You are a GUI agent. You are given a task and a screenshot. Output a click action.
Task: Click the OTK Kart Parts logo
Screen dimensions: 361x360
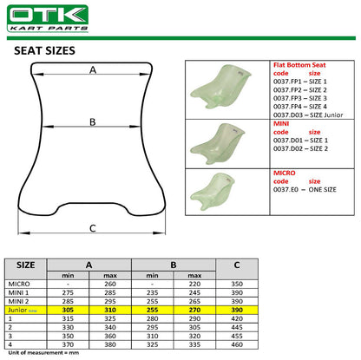coord(48,18)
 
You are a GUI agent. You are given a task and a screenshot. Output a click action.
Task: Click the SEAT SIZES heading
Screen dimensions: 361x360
coord(44,51)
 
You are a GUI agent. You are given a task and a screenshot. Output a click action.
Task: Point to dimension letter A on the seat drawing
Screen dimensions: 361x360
coord(93,70)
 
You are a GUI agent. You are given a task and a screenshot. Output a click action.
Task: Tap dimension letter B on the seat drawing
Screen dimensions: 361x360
coord(93,122)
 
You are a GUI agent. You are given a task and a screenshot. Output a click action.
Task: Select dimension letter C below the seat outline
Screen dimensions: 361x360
coord(93,228)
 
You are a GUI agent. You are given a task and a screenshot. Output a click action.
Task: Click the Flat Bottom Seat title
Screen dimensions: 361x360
coord(299,65)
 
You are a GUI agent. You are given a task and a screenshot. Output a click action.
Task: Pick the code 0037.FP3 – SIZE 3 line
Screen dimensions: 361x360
coord(300,98)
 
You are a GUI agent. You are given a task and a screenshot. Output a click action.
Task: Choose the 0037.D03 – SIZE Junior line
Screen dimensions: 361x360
coord(308,115)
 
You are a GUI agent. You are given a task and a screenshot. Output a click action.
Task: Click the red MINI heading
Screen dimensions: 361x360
coord(281,124)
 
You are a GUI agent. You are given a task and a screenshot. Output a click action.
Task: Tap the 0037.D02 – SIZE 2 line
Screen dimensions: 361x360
coord(300,148)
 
